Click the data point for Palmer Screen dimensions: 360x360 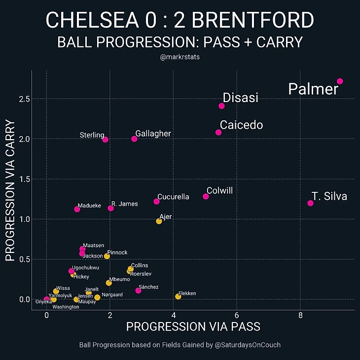pos(340,81)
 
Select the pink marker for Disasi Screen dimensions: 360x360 pos(221,106)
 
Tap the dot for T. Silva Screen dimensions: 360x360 pos(310,203)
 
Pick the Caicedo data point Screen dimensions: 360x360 pos(218,132)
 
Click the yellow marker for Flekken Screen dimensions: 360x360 pos(178,296)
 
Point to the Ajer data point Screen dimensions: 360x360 pos(159,221)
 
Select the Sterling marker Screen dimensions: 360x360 pos(105,140)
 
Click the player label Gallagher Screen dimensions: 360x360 pos(153,134)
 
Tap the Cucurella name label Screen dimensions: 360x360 pos(173,197)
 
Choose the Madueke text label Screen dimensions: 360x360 pos(89,206)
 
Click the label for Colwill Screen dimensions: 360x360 pos(219,191)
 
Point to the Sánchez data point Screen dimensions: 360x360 pos(138,290)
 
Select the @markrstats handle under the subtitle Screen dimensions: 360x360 pos(180,57)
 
